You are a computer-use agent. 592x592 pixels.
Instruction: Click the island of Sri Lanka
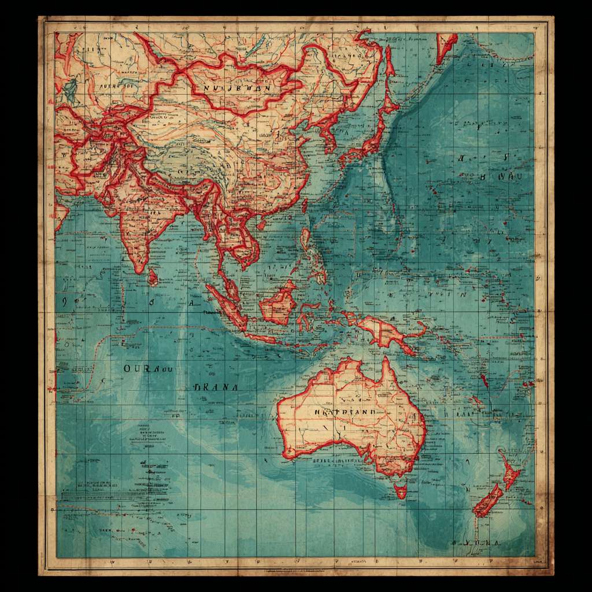coord(153,277)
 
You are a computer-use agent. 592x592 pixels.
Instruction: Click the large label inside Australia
coord(345,412)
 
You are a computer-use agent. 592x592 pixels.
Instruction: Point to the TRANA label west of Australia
coord(216,387)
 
